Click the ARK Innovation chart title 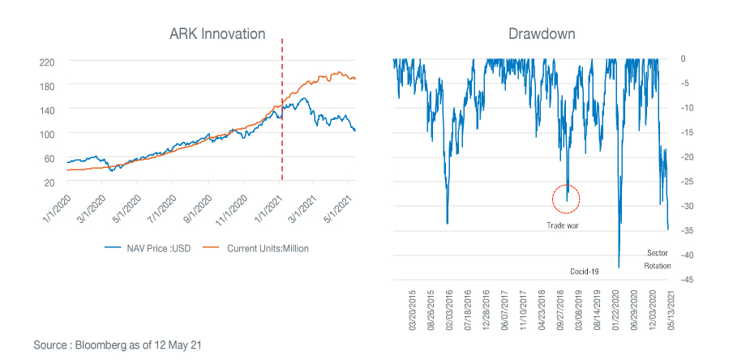click(x=216, y=34)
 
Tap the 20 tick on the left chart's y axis click(x=49, y=182)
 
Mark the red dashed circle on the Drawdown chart click(x=566, y=198)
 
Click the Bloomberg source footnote click(x=117, y=345)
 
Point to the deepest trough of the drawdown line click(x=619, y=266)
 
